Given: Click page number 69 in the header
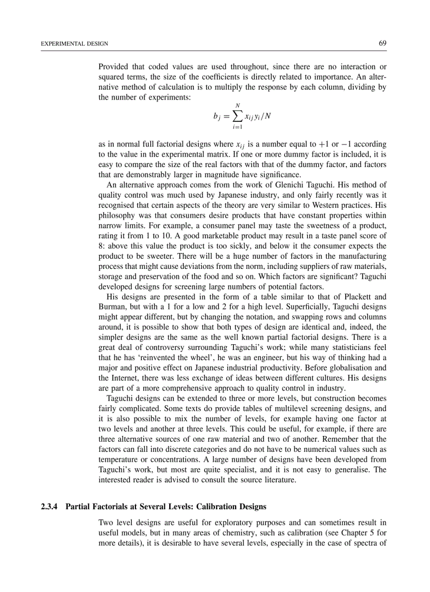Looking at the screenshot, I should pos(383,43).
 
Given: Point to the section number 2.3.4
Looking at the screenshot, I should pos(51,507).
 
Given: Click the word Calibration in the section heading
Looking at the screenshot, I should pos(215,507).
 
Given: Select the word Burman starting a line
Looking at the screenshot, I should pos(111,307).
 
